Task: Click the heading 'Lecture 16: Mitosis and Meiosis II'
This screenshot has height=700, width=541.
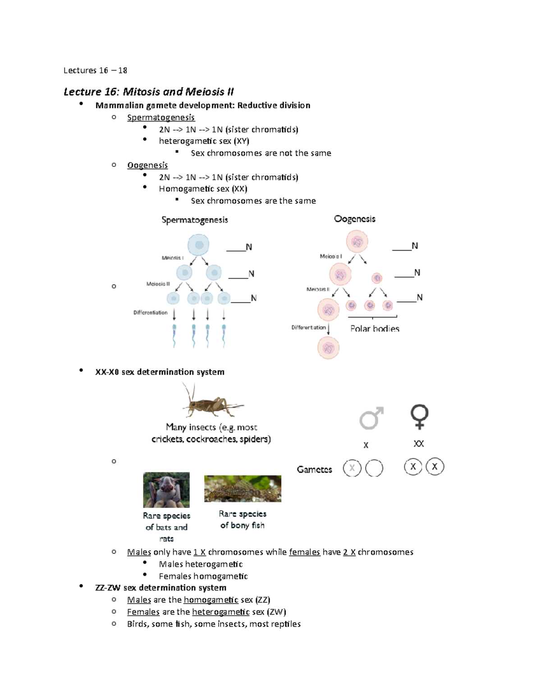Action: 148,92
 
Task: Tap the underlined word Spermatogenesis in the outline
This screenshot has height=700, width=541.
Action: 161,118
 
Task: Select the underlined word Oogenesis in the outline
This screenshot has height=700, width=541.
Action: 147,165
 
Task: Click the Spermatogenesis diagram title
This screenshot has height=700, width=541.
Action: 195,220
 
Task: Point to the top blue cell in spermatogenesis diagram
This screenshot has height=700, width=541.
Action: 198,245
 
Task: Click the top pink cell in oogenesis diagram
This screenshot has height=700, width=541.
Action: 357,242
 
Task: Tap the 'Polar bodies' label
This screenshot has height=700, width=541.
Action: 375,329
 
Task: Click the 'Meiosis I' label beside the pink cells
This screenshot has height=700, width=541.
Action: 330,256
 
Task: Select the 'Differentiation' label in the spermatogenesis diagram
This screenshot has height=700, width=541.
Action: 151,312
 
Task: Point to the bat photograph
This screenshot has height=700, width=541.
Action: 166,490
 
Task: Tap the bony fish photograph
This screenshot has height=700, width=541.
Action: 243,489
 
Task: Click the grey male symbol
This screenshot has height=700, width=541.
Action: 371,418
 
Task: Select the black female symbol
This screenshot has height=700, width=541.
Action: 419,417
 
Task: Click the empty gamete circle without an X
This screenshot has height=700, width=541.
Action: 374,468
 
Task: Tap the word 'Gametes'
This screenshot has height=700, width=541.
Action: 315,470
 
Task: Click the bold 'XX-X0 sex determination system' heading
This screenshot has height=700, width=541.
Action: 160,372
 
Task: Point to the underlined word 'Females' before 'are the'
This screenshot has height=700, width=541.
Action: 143,612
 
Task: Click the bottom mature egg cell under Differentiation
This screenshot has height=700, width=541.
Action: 328,348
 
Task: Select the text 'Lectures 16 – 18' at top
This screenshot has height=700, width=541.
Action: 96,71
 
